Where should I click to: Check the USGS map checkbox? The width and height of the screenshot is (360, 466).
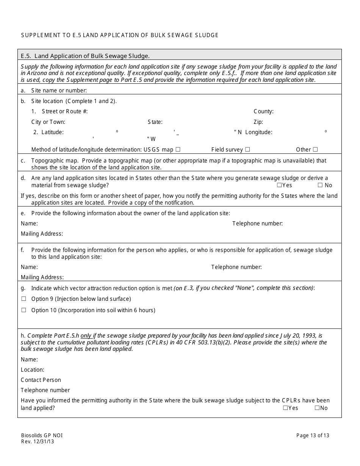point(178,150)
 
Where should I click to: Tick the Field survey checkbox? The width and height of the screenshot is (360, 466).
point(247,150)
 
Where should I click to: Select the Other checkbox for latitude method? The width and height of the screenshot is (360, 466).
point(315,150)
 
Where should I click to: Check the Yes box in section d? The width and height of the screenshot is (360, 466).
point(279,185)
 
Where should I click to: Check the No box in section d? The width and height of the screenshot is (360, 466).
point(320,185)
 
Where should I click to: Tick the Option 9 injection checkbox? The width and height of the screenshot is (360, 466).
point(23,299)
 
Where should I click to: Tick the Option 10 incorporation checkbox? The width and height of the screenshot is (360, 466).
point(23,310)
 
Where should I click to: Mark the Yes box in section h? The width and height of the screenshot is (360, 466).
point(285,408)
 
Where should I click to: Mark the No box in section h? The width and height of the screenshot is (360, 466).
point(317,408)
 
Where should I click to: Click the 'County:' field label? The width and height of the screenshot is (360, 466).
point(263,111)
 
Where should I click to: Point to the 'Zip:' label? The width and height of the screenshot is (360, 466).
point(258,122)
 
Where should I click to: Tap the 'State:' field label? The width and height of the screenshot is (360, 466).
point(155,122)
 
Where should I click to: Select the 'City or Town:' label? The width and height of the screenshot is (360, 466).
point(48,122)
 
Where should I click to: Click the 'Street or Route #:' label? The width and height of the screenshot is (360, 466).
point(65,111)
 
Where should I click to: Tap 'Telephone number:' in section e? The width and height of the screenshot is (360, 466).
point(257,224)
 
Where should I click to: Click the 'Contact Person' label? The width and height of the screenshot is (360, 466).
point(41,380)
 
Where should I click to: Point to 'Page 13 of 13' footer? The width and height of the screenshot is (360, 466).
point(313,435)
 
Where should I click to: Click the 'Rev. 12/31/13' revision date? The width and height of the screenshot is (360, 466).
point(38,441)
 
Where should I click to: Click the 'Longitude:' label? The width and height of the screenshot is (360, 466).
point(259,132)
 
